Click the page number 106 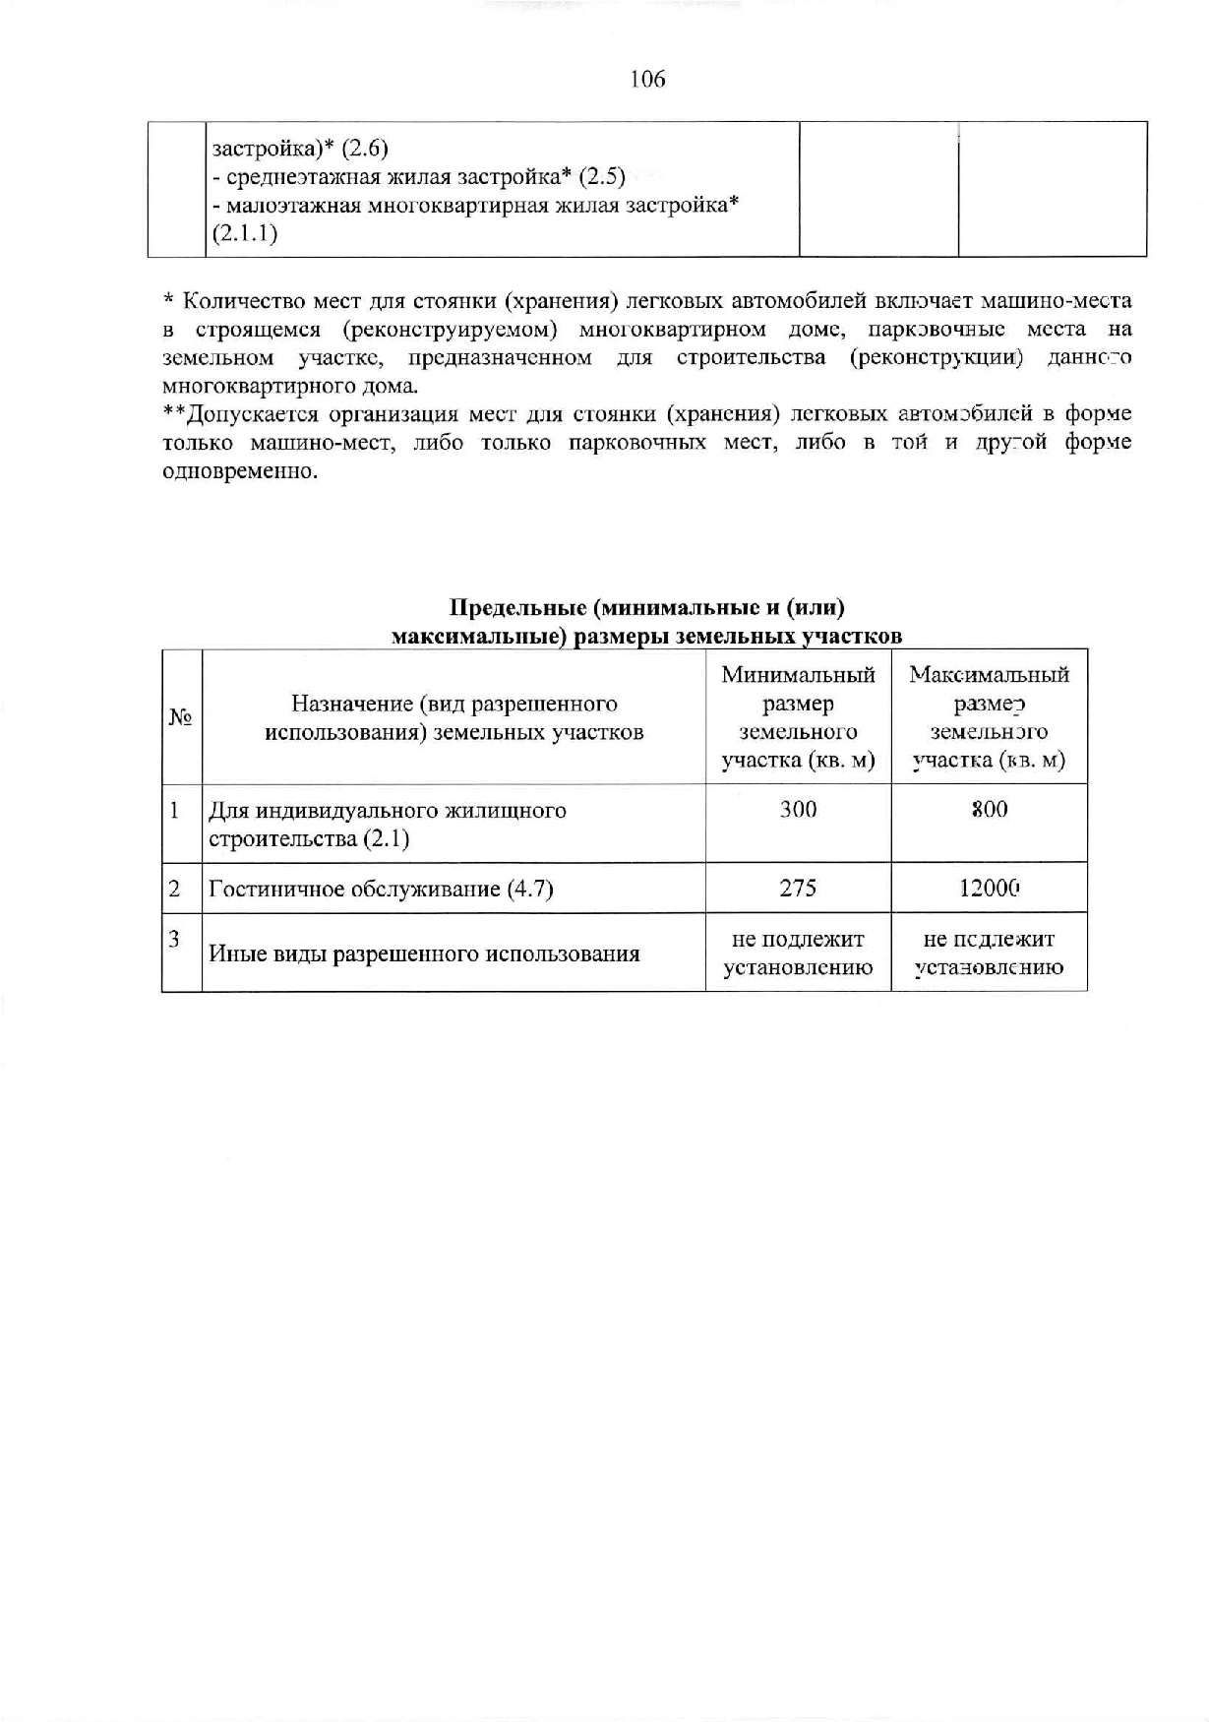click(x=647, y=80)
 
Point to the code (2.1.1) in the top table click(x=245, y=234)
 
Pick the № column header click(x=180, y=717)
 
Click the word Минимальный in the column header click(x=798, y=675)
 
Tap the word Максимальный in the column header click(x=989, y=675)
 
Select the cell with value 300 click(x=798, y=810)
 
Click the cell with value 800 click(x=989, y=810)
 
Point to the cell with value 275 click(x=798, y=889)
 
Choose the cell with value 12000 click(x=989, y=889)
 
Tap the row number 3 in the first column click(x=174, y=939)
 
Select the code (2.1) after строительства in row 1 click(x=387, y=839)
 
